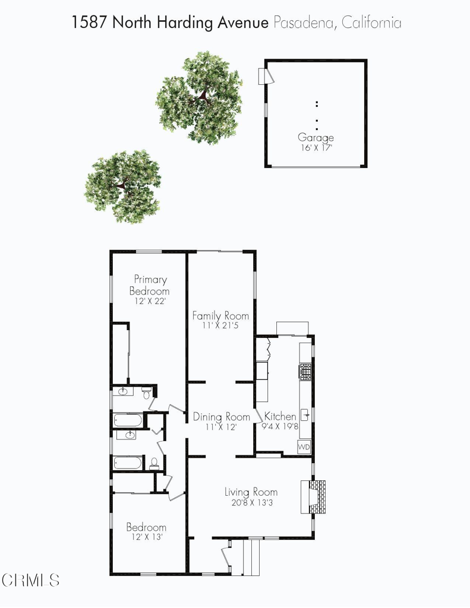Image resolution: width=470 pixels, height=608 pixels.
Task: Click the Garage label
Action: point(316,138)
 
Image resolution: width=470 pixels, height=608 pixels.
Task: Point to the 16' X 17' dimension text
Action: point(316,147)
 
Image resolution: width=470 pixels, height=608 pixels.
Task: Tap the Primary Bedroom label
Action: point(150,285)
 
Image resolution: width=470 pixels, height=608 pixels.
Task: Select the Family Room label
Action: point(220,315)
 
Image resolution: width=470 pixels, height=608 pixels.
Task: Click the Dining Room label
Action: point(221,417)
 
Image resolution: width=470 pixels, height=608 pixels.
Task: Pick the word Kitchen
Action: point(280,416)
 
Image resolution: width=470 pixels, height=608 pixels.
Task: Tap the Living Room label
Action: point(251,492)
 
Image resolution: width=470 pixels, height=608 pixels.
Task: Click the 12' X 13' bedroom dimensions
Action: point(145,537)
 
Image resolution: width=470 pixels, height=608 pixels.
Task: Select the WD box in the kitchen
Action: point(304,446)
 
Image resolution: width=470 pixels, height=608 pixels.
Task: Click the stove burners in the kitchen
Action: point(305,371)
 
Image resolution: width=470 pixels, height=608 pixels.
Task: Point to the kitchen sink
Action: point(304,414)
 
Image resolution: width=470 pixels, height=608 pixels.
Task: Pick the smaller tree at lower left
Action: point(123,185)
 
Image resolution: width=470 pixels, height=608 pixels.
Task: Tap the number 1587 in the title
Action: point(89,23)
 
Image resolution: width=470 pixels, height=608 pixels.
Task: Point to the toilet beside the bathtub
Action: point(154,463)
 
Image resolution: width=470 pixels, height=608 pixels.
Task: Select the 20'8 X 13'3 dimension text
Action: point(251,502)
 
